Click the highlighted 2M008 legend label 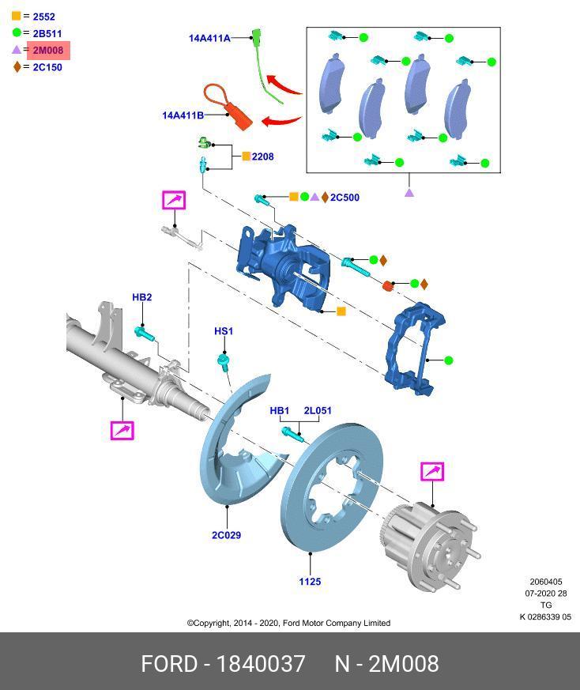click(x=48, y=51)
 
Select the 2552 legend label click(x=43, y=17)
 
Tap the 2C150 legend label click(x=47, y=68)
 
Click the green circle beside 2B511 click(x=17, y=33)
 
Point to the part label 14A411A click(x=209, y=38)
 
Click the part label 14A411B click(x=183, y=115)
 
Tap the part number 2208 click(x=262, y=156)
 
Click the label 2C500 click(x=345, y=198)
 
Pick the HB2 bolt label click(x=141, y=298)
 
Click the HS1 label click(x=224, y=331)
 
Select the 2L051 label click(x=318, y=411)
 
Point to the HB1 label click(x=280, y=411)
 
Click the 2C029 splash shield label click(x=226, y=535)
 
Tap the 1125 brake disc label click(x=310, y=582)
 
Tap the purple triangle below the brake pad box click(x=409, y=192)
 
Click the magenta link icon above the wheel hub click(x=433, y=472)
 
